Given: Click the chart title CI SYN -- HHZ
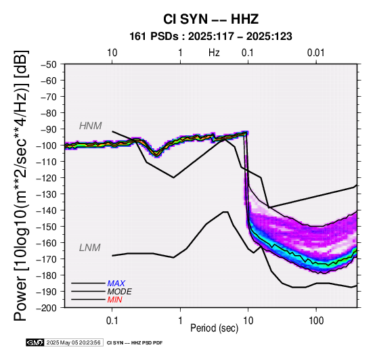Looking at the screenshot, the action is [211, 19].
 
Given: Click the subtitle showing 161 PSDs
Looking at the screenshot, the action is [211, 37].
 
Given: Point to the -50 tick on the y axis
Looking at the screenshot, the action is [49, 64].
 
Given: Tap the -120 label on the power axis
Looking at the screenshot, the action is [47, 178].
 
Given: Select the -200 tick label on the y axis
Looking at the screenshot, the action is [47, 308].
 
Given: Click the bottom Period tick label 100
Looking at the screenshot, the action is [316, 321].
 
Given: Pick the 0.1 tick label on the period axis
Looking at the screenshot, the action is [112, 321].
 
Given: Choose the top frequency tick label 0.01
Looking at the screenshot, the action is [316, 53].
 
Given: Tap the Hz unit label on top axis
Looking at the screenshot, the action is [214, 53].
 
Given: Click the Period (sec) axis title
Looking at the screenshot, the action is [215, 328].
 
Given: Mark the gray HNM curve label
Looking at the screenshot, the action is [91, 126].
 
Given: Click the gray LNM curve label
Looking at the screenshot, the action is [89, 248].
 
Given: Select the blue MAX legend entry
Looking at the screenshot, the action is [116, 284].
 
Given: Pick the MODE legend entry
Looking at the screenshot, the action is [119, 292].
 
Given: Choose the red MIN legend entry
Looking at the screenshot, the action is [114, 300].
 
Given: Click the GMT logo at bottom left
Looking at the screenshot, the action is [35, 342].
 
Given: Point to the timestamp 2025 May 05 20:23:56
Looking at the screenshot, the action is [73, 342].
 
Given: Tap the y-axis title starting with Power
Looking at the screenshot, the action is [20, 185].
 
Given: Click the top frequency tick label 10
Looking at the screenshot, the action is [112, 53].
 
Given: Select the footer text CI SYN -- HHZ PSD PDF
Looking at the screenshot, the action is [135, 343].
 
